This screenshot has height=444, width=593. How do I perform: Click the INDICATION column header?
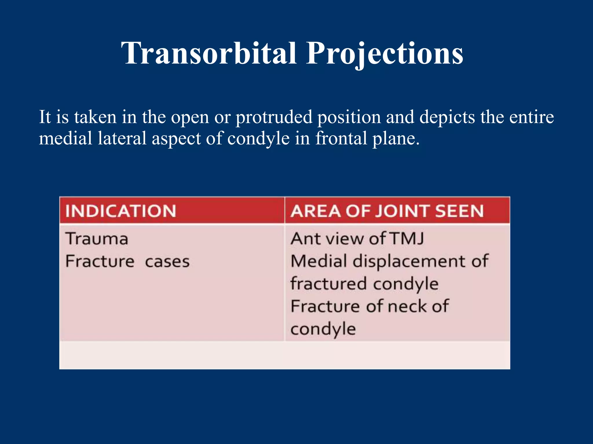click(120, 211)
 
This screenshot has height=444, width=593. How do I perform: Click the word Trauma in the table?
click(97, 239)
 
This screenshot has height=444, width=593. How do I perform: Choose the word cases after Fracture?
click(167, 262)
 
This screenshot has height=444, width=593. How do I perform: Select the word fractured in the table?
click(329, 284)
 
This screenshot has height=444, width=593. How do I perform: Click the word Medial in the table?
click(319, 261)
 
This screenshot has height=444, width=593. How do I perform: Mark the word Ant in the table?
click(303, 239)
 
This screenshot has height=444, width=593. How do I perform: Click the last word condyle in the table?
click(323, 330)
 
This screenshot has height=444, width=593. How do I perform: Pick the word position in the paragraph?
click(349, 117)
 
